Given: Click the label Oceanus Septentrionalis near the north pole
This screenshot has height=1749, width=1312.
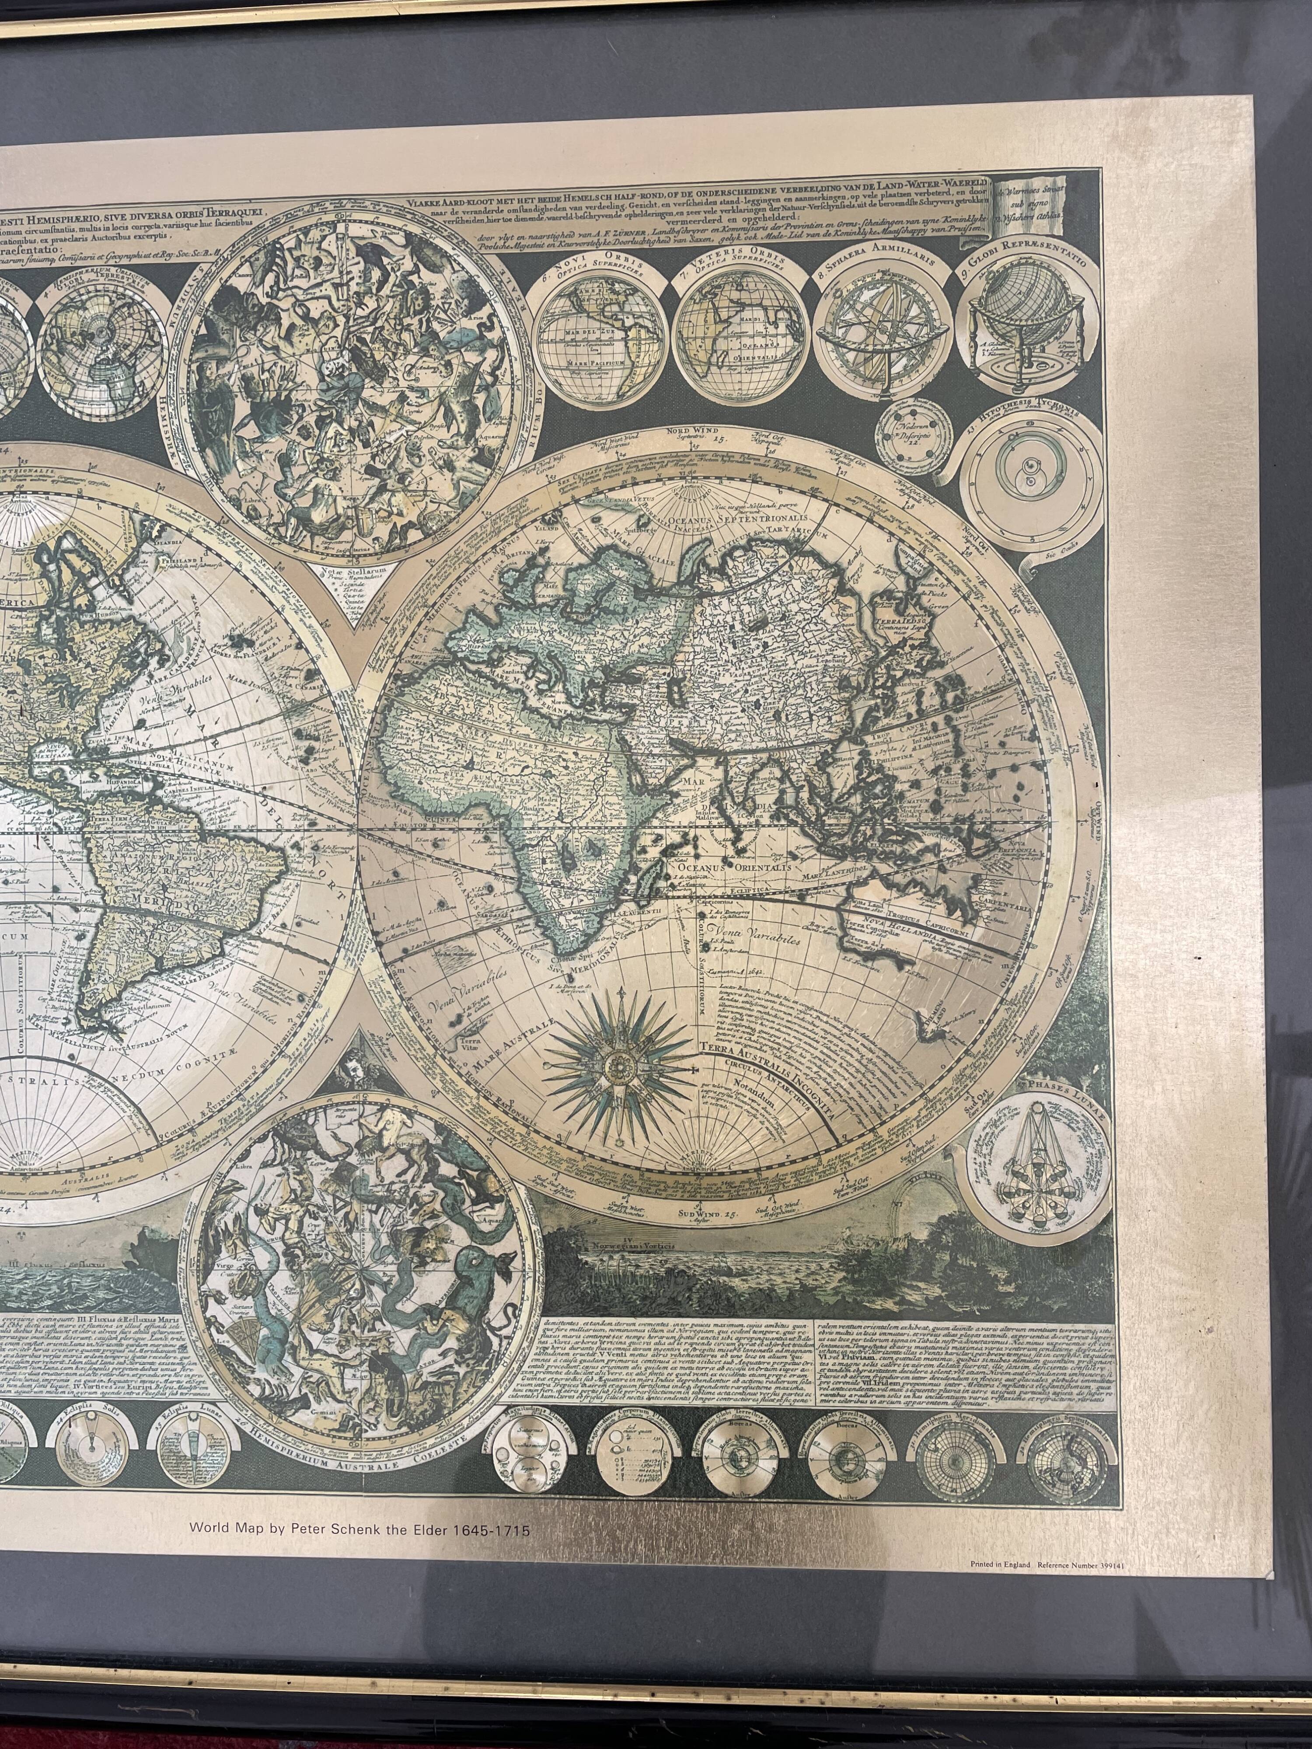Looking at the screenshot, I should click(720, 519).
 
